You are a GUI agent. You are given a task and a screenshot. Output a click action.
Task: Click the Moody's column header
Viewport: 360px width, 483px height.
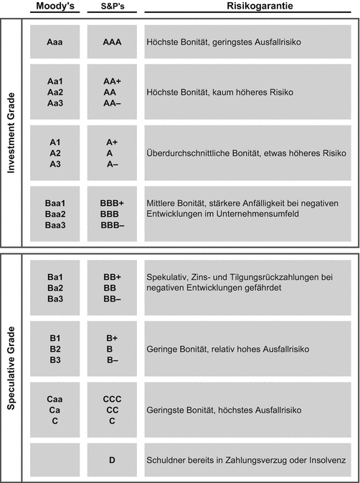(x=54, y=6)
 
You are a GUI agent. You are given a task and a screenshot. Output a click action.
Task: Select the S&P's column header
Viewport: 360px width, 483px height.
(x=113, y=6)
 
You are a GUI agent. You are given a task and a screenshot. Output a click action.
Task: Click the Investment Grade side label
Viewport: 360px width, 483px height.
(x=11, y=133)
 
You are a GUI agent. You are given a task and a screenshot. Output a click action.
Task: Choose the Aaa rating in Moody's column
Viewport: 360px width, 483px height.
(x=54, y=42)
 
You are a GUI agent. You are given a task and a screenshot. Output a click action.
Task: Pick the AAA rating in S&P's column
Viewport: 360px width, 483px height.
(x=113, y=42)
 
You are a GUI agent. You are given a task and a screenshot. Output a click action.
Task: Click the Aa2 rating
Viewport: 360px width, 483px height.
(x=54, y=93)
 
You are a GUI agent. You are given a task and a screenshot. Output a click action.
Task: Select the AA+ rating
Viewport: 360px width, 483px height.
(x=113, y=82)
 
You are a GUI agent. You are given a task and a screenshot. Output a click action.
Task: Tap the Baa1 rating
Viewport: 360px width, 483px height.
(x=54, y=203)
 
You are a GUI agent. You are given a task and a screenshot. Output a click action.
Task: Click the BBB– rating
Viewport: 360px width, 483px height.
(x=113, y=225)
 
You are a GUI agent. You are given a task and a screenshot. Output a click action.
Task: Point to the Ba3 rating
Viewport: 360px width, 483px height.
(x=54, y=298)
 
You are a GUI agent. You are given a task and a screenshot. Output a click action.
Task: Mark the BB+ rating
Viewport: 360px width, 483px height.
(x=113, y=276)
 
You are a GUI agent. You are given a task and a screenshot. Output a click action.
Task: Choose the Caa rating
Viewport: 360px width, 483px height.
(x=54, y=398)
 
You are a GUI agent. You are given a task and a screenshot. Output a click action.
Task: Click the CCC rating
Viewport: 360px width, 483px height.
(x=113, y=398)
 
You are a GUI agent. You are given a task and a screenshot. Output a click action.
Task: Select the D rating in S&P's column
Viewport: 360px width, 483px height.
(x=113, y=459)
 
